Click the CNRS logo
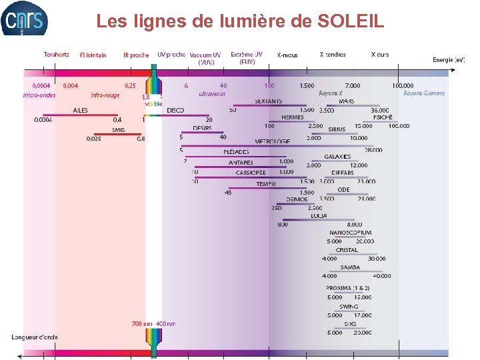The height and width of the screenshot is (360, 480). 25,18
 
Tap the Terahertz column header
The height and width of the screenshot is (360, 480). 57,55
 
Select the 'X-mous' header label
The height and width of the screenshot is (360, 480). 287,55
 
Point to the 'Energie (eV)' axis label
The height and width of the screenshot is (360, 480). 449,60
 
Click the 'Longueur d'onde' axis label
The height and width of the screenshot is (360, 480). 35,337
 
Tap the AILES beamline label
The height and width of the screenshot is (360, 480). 80,110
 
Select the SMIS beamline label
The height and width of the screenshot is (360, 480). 118,130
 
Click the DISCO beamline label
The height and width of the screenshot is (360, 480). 175,110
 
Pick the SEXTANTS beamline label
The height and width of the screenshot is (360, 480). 268,101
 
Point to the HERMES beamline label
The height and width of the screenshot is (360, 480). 292,117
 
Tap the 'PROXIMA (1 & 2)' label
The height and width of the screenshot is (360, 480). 348,288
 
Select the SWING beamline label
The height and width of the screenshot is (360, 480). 349,307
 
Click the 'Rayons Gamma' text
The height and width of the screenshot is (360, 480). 423,93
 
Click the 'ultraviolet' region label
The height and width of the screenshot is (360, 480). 212,94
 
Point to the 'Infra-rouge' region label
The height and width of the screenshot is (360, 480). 105,94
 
